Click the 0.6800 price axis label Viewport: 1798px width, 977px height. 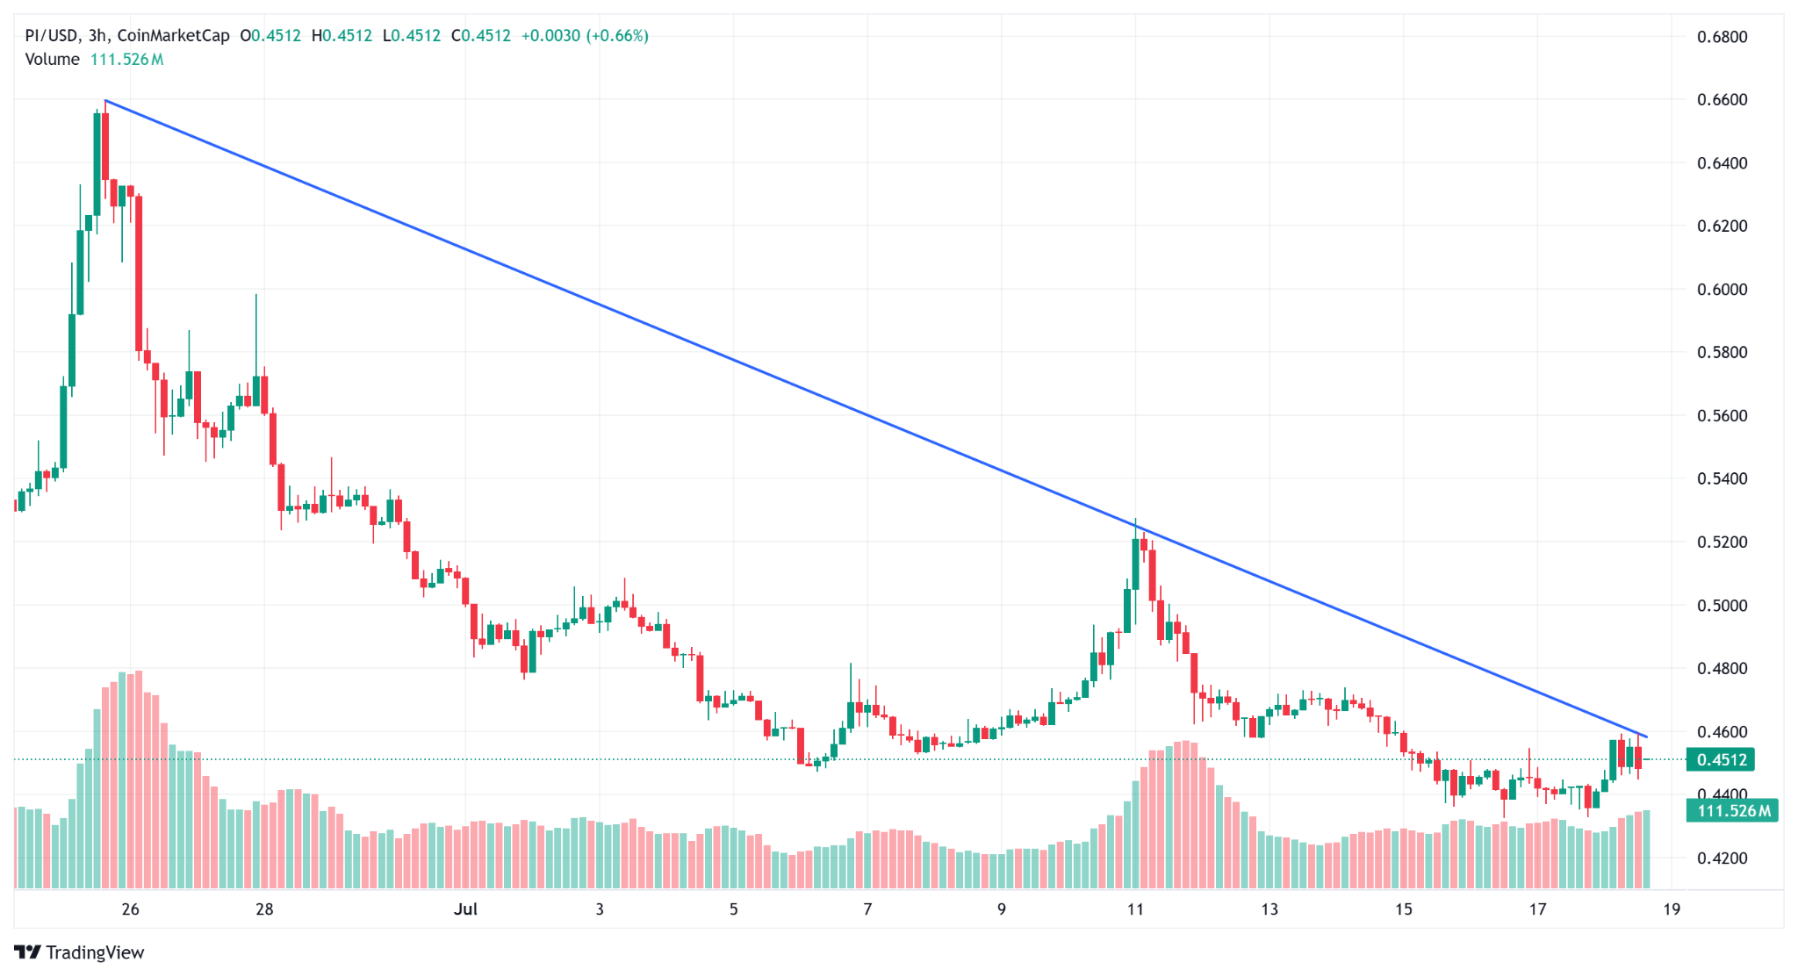(1722, 37)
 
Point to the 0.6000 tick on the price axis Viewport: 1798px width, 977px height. (1722, 290)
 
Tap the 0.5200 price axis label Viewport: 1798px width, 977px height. (1722, 542)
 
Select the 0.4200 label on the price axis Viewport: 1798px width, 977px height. (1722, 858)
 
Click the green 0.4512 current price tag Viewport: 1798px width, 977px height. (1721, 760)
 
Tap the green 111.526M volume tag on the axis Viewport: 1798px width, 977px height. (1731, 811)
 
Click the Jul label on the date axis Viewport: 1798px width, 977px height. (465, 909)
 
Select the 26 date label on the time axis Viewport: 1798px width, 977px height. (130, 909)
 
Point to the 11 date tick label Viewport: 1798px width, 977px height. (1135, 909)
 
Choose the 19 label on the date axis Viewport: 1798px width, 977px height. (1672, 909)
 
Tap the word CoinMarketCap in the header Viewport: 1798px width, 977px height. (173, 36)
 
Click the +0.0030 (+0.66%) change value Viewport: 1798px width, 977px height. (585, 36)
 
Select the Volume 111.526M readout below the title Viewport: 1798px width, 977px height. (94, 60)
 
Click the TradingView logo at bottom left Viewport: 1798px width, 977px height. (79, 952)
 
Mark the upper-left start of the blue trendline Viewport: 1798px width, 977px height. (105, 101)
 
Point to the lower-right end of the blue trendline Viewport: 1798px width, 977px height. (1646, 736)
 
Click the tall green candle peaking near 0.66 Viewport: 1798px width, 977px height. (97, 163)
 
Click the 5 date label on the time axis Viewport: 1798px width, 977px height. (733, 909)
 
